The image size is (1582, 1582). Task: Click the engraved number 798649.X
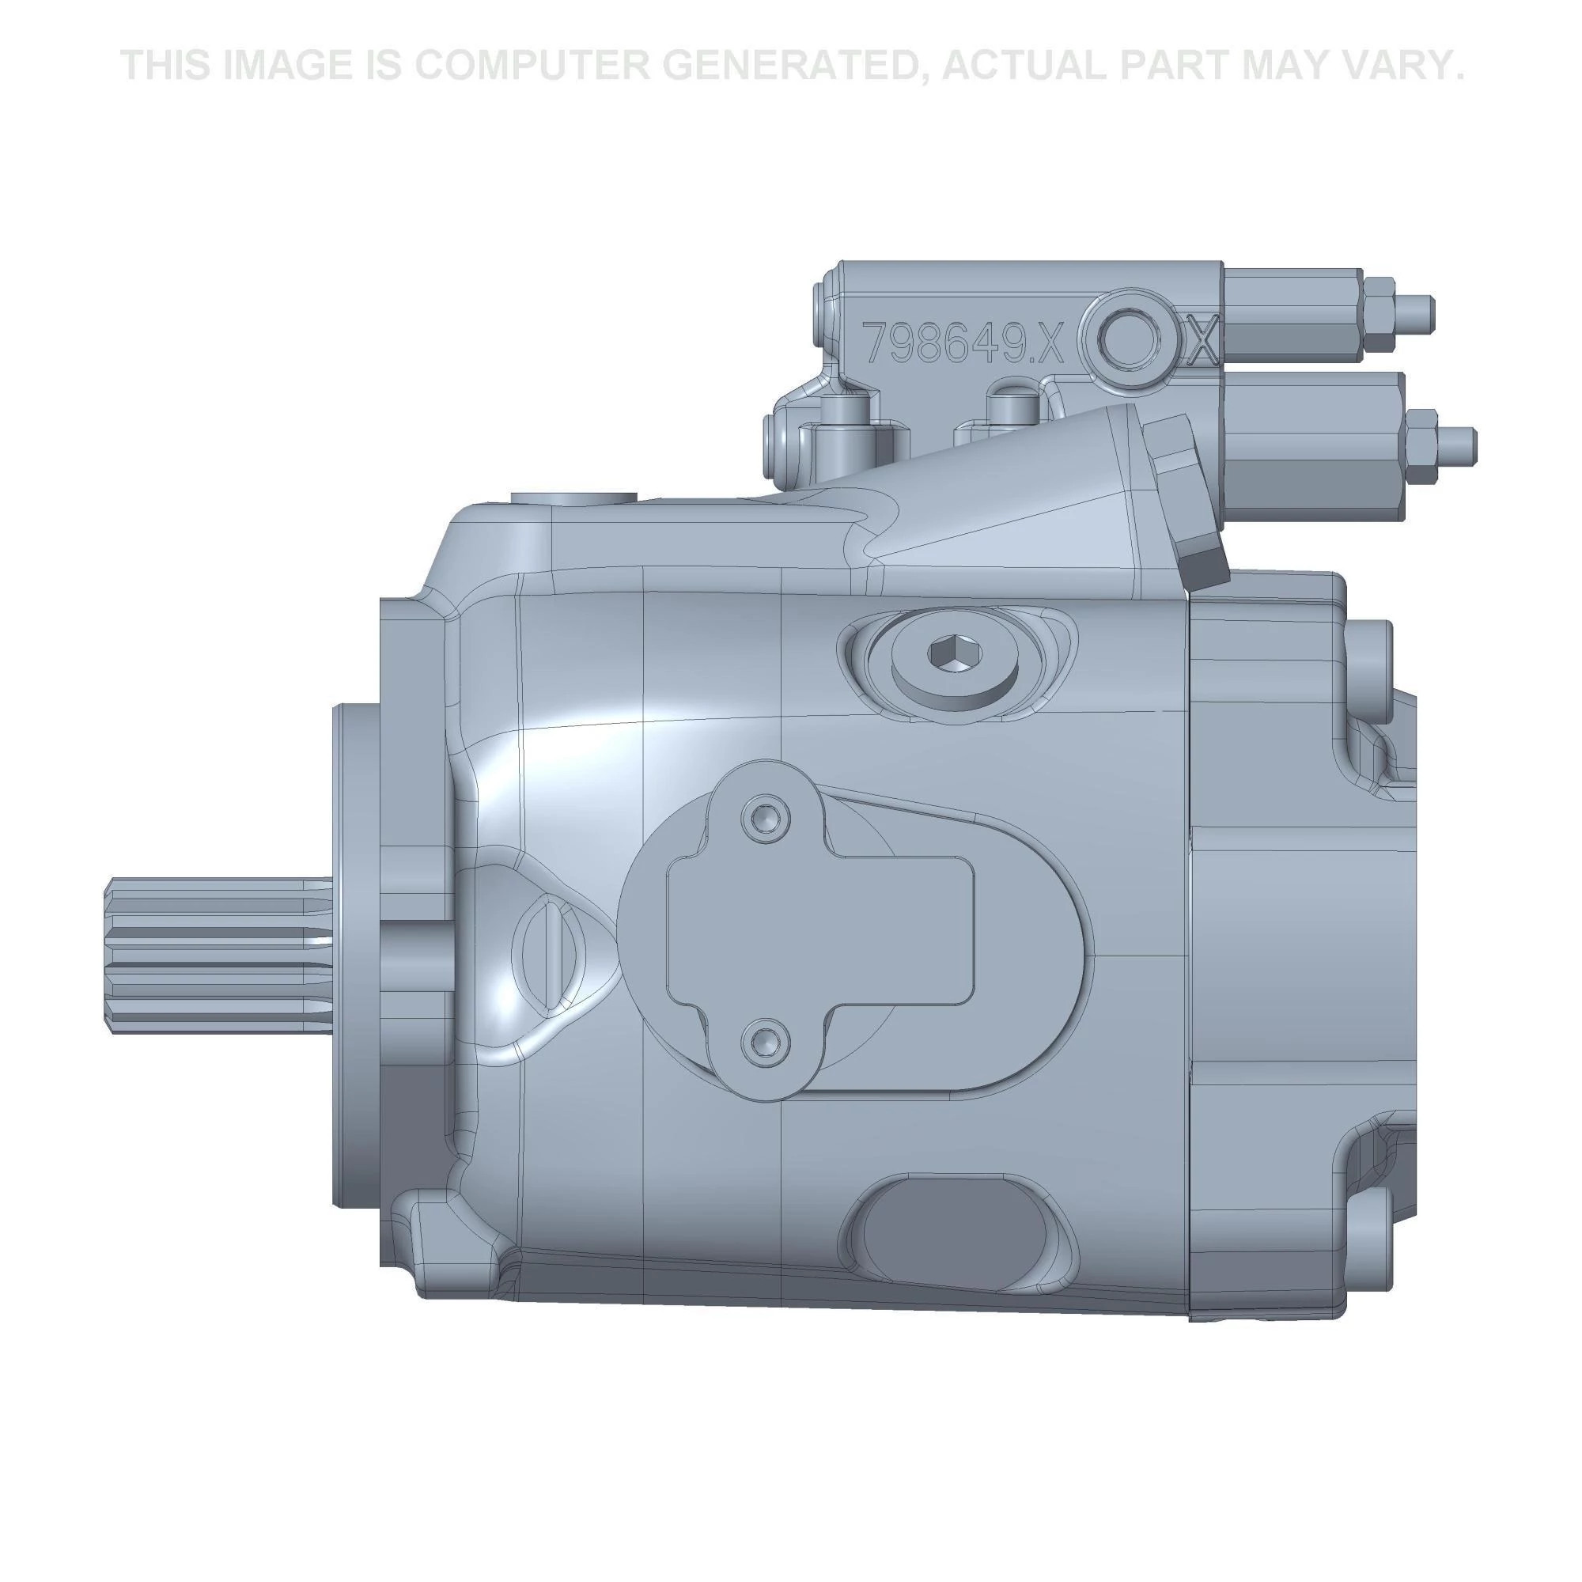tap(963, 343)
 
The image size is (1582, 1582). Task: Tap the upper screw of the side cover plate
tap(765, 816)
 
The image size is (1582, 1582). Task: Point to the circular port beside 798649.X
tap(1130, 342)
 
